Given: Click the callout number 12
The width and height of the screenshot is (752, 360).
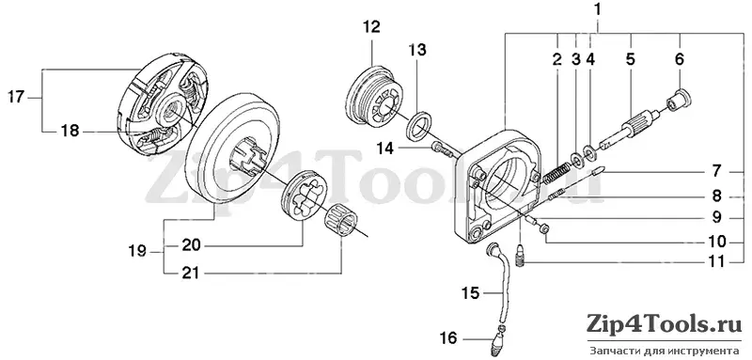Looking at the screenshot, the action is tap(371, 27).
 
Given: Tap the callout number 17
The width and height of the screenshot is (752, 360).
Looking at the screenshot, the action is tap(15, 98).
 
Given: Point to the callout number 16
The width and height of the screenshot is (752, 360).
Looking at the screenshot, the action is tap(448, 338).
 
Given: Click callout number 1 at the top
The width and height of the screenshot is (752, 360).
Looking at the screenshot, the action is tap(597, 9).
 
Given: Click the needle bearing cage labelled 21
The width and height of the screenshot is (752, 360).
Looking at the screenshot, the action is tap(339, 219).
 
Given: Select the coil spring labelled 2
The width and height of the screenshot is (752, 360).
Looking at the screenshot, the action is tap(556, 173).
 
